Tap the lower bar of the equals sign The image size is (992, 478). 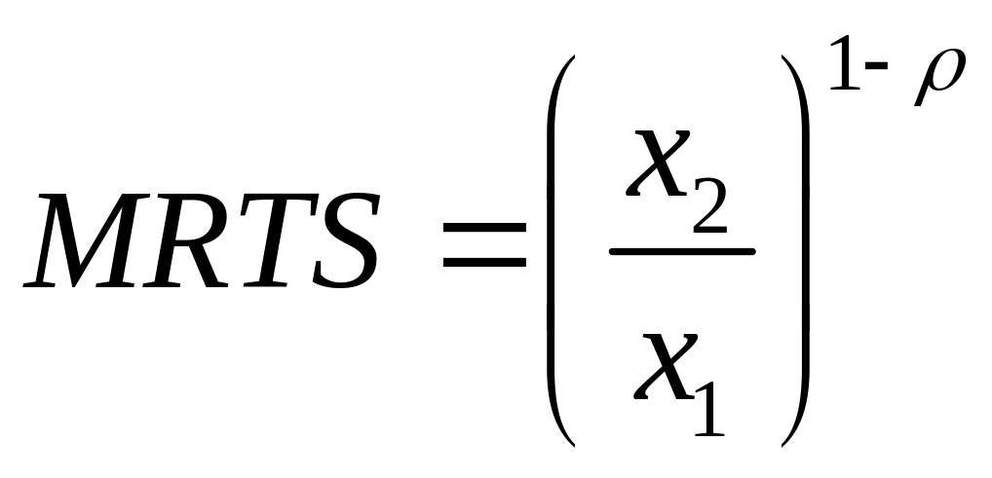483,264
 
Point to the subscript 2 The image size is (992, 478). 708,210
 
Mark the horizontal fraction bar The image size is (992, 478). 682,252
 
